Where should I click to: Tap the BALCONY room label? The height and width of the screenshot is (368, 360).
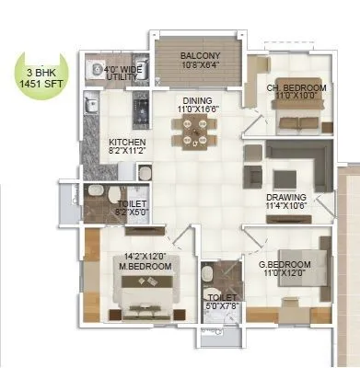click(198, 54)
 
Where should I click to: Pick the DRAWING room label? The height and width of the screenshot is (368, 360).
click(288, 196)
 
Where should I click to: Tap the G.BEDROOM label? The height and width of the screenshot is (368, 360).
click(285, 265)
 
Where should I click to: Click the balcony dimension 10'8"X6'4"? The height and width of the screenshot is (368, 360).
click(198, 64)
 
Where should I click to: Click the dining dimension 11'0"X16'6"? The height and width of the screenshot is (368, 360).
click(198, 109)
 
